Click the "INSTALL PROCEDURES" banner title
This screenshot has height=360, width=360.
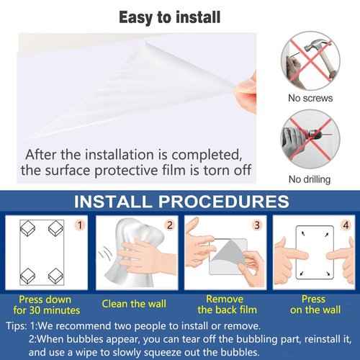180,201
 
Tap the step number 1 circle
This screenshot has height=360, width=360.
81,225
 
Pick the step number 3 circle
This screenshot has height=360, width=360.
256,225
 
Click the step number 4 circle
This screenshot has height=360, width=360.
346,225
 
